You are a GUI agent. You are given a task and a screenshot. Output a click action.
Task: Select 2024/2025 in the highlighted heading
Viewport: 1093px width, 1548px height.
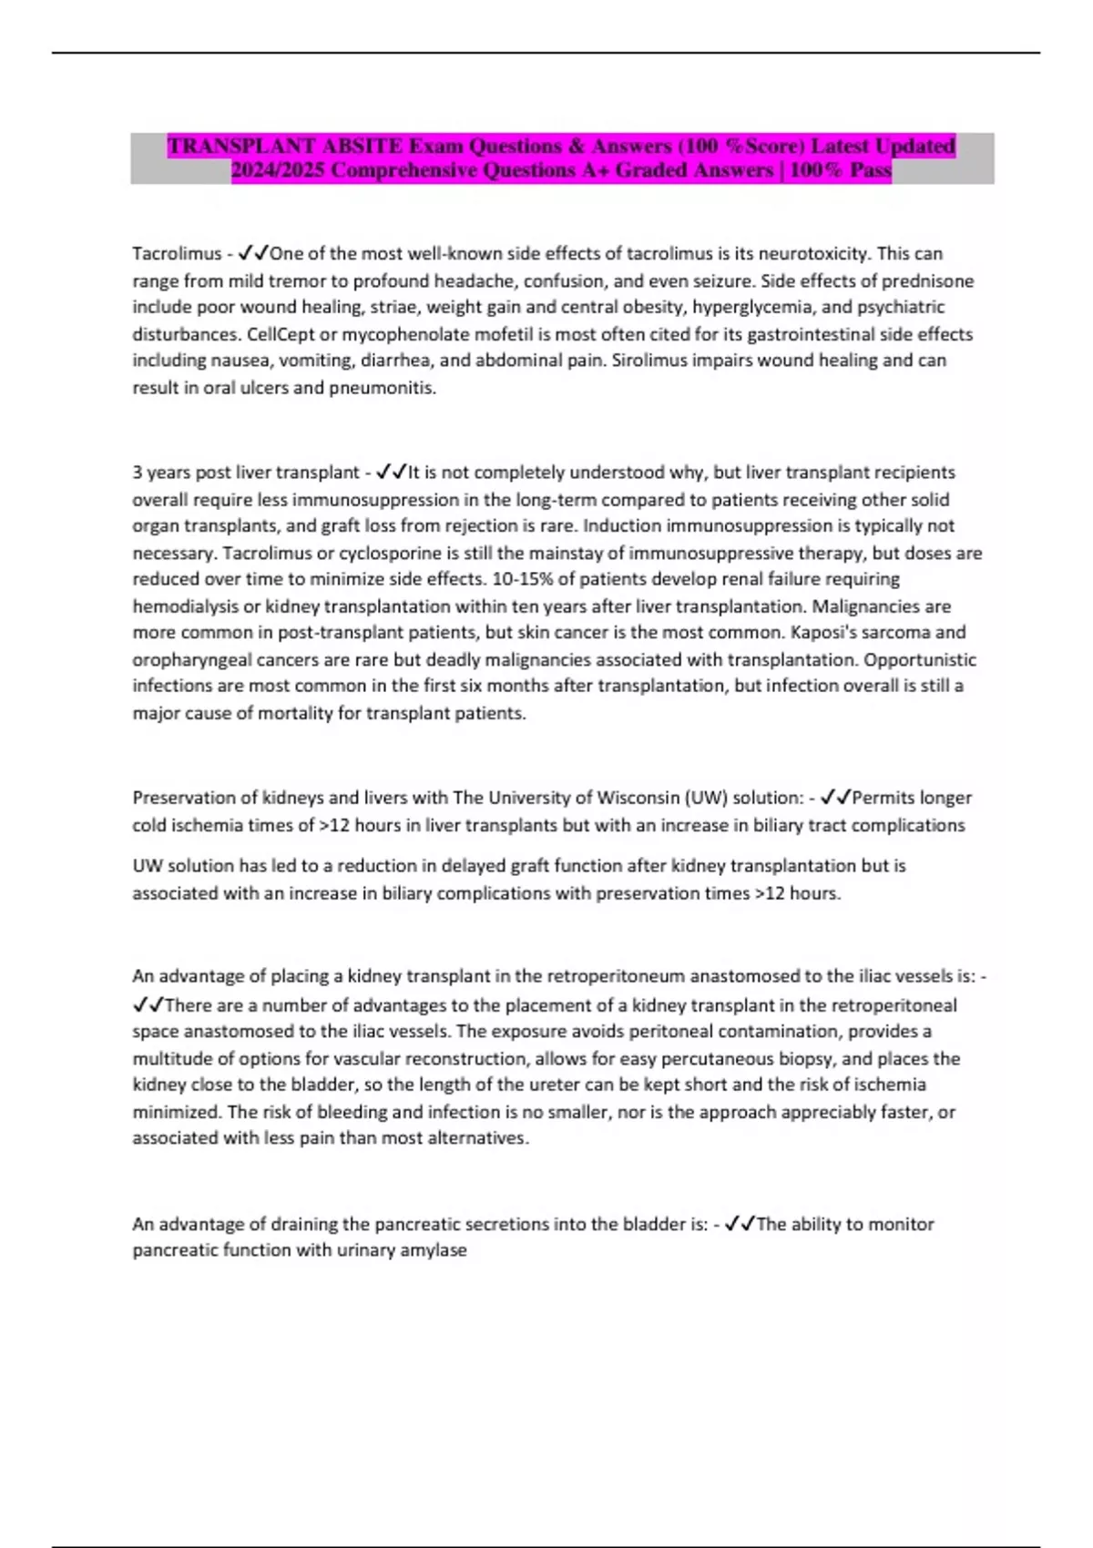(277, 170)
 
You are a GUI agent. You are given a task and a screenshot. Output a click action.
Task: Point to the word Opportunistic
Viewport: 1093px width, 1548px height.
(919, 659)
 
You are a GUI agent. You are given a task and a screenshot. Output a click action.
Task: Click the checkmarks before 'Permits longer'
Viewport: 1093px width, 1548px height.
(835, 798)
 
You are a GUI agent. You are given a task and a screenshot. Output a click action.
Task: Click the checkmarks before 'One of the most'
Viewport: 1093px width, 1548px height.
(252, 254)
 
